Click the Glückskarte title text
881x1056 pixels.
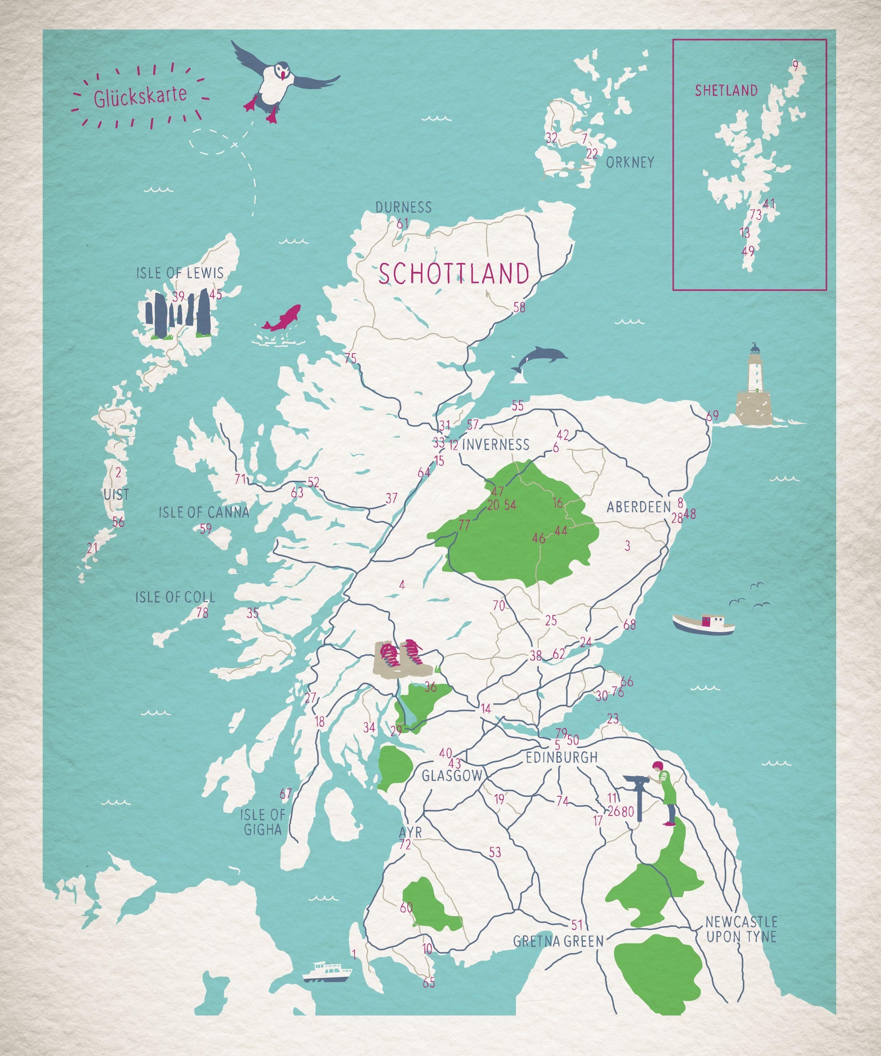click(139, 96)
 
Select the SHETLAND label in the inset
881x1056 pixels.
click(726, 91)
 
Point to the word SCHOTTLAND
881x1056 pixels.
click(454, 274)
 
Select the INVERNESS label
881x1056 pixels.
click(495, 445)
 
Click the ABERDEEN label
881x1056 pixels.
click(638, 507)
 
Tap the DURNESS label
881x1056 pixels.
click(403, 207)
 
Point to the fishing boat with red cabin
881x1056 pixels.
click(703, 624)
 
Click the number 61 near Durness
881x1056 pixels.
click(401, 224)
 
